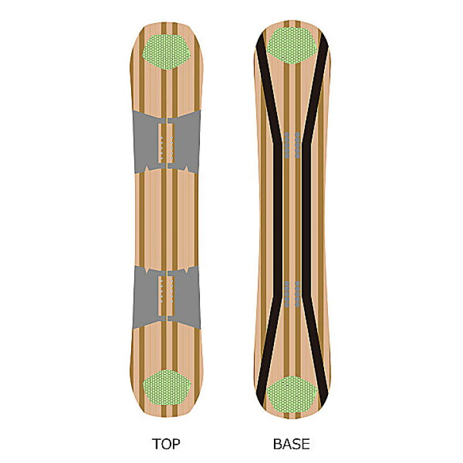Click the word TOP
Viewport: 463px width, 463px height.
pos(166,444)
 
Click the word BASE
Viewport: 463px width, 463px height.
pos(291,444)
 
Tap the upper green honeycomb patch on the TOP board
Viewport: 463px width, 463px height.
pos(167,52)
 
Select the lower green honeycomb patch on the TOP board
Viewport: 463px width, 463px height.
pos(167,387)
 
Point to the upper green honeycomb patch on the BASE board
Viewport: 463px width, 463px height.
pos(292,46)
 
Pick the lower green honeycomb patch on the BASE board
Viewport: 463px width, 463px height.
pos(292,394)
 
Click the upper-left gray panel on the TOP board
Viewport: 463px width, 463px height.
pos(145,141)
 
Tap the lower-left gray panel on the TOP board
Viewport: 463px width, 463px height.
pos(145,296)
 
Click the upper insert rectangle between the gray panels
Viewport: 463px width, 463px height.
pos(167,143)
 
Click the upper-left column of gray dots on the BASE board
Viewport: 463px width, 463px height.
pos(286,145)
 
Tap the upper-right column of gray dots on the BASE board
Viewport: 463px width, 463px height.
pos(298,145)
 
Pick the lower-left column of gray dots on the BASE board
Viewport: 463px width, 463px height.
pos(286,294)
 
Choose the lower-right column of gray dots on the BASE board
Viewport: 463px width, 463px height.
pos(298,294)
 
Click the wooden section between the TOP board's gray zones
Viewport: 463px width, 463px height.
pos(167,220)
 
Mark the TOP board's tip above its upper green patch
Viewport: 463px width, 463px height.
pos(167,28)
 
